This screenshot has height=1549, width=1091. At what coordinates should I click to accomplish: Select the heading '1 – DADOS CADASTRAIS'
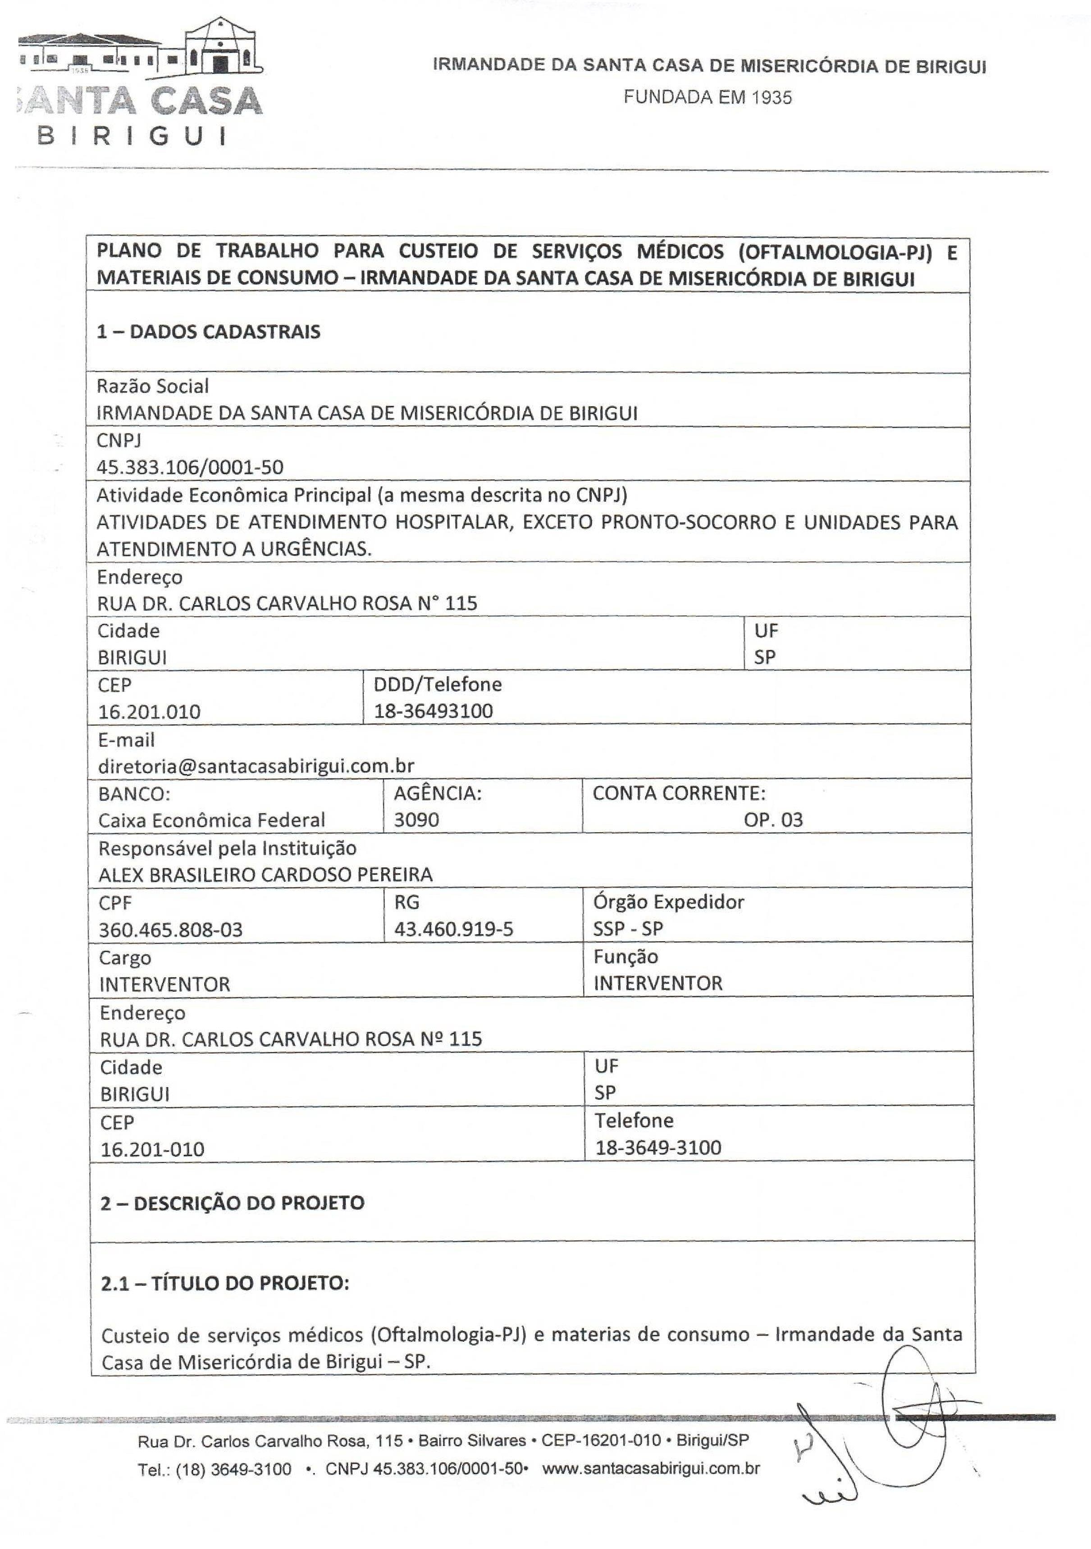(x=209, y=332)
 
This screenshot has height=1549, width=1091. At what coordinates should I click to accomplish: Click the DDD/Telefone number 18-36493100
(x=433, y=711)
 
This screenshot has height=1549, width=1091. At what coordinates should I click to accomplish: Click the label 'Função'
(x=625, y=957)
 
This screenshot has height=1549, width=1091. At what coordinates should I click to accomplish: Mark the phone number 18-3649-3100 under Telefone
(x=658, y=1148)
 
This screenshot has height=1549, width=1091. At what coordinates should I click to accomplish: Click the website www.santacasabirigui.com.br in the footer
(x=651, y=1469)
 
